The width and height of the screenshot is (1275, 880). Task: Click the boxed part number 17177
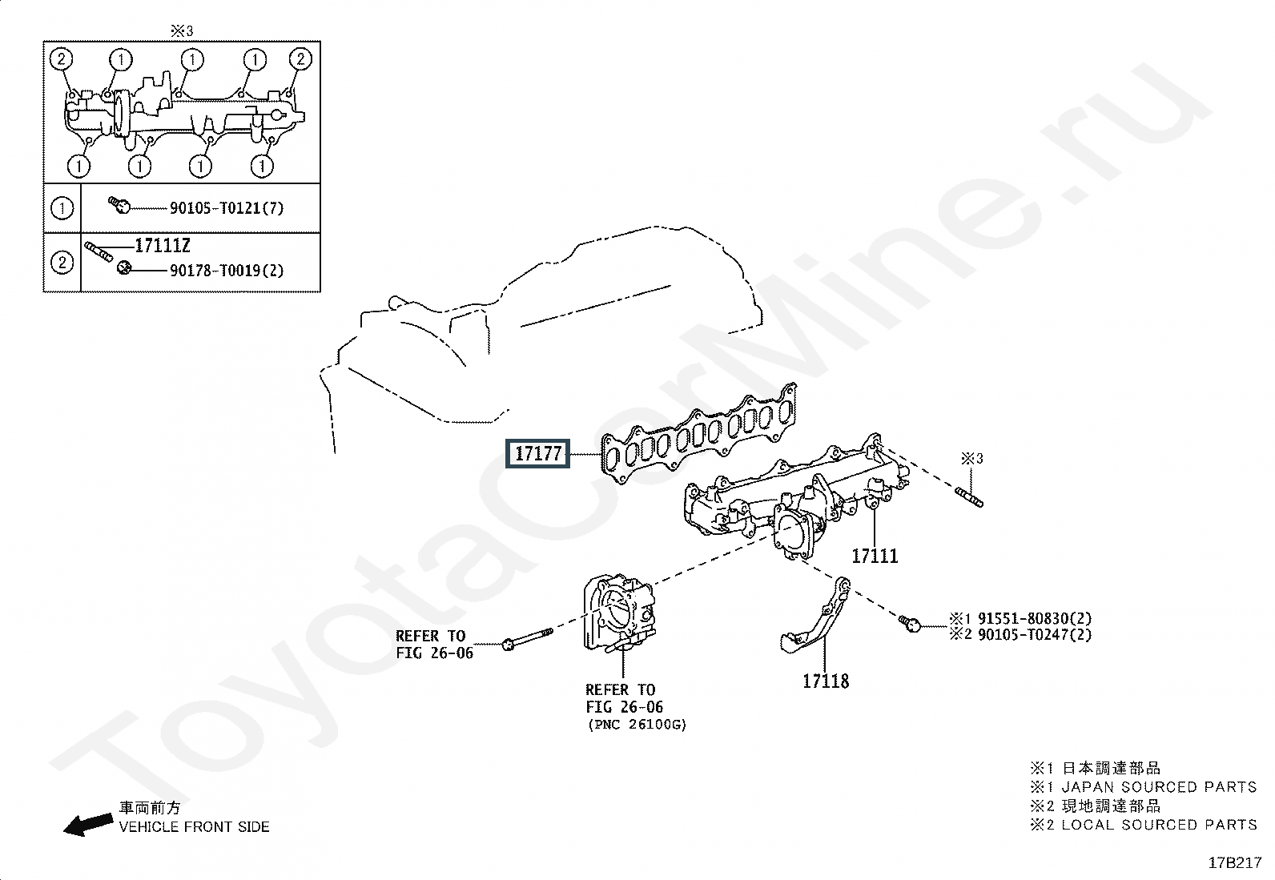tap(538, 454)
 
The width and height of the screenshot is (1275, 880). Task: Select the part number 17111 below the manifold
tap(875, 557)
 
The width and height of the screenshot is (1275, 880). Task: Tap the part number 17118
tap(826, 681)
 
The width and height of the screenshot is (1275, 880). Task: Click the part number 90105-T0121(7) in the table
tap(227, 208)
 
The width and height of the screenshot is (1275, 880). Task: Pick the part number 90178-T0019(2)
tap(227, 271)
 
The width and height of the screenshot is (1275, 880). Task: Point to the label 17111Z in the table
tap(163, 246)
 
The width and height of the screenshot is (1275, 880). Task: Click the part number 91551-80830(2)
tap(1035, 618)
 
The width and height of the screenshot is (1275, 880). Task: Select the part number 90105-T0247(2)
tap(1035, 635)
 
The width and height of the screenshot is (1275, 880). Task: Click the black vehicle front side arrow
tap(87, 824)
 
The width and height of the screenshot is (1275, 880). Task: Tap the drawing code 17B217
tap(1235, 863)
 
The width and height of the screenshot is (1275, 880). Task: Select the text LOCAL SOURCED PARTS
tap(1159, 825)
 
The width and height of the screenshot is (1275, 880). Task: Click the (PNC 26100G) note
tap(637, 725)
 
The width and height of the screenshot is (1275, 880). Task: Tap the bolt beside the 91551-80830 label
tap(910, 623)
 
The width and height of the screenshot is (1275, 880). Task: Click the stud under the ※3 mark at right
tap(969, 497)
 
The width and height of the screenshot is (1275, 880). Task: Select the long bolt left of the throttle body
tap(528, 639)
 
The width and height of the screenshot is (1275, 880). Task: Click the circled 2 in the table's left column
tap(62, 263)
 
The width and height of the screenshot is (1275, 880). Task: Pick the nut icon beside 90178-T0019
tap(124, 267)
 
